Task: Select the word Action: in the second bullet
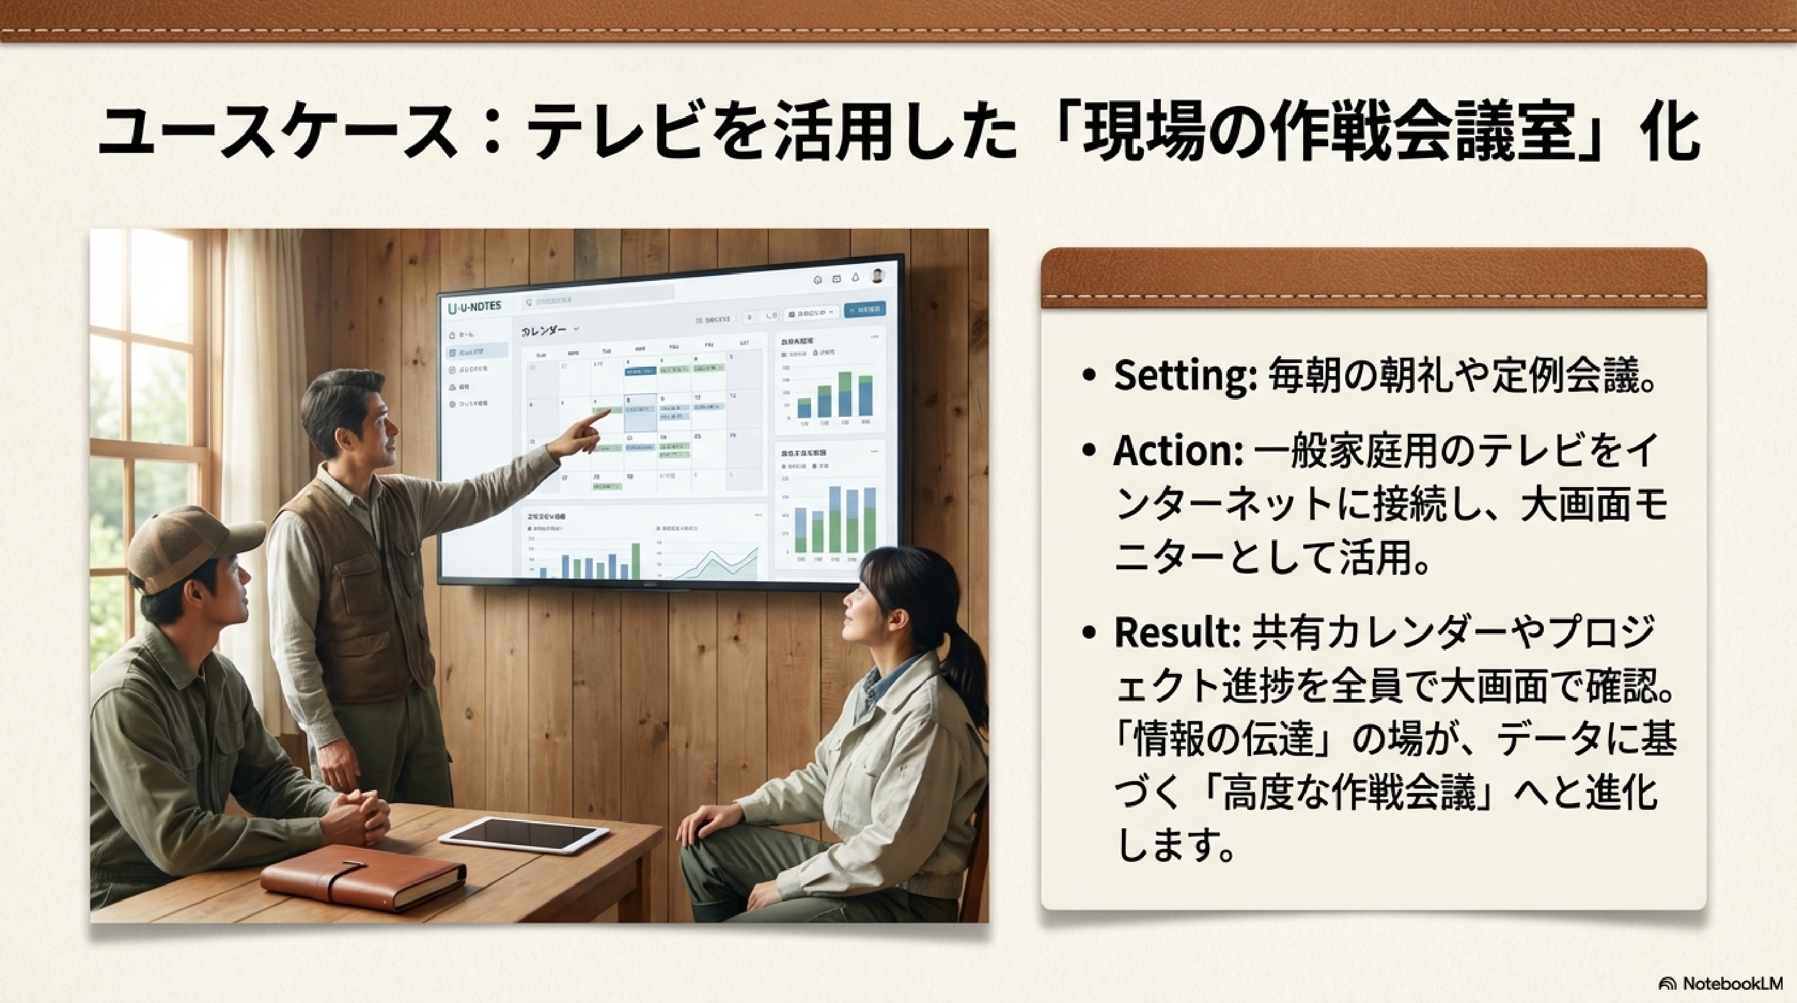tap(1178, 451)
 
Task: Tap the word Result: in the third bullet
tap(1175, 633)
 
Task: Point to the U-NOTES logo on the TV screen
tap(474, 307)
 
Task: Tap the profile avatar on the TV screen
tap(878, 276)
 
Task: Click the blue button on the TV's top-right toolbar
tap(864, 309)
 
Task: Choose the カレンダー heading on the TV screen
tap(544, 330)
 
